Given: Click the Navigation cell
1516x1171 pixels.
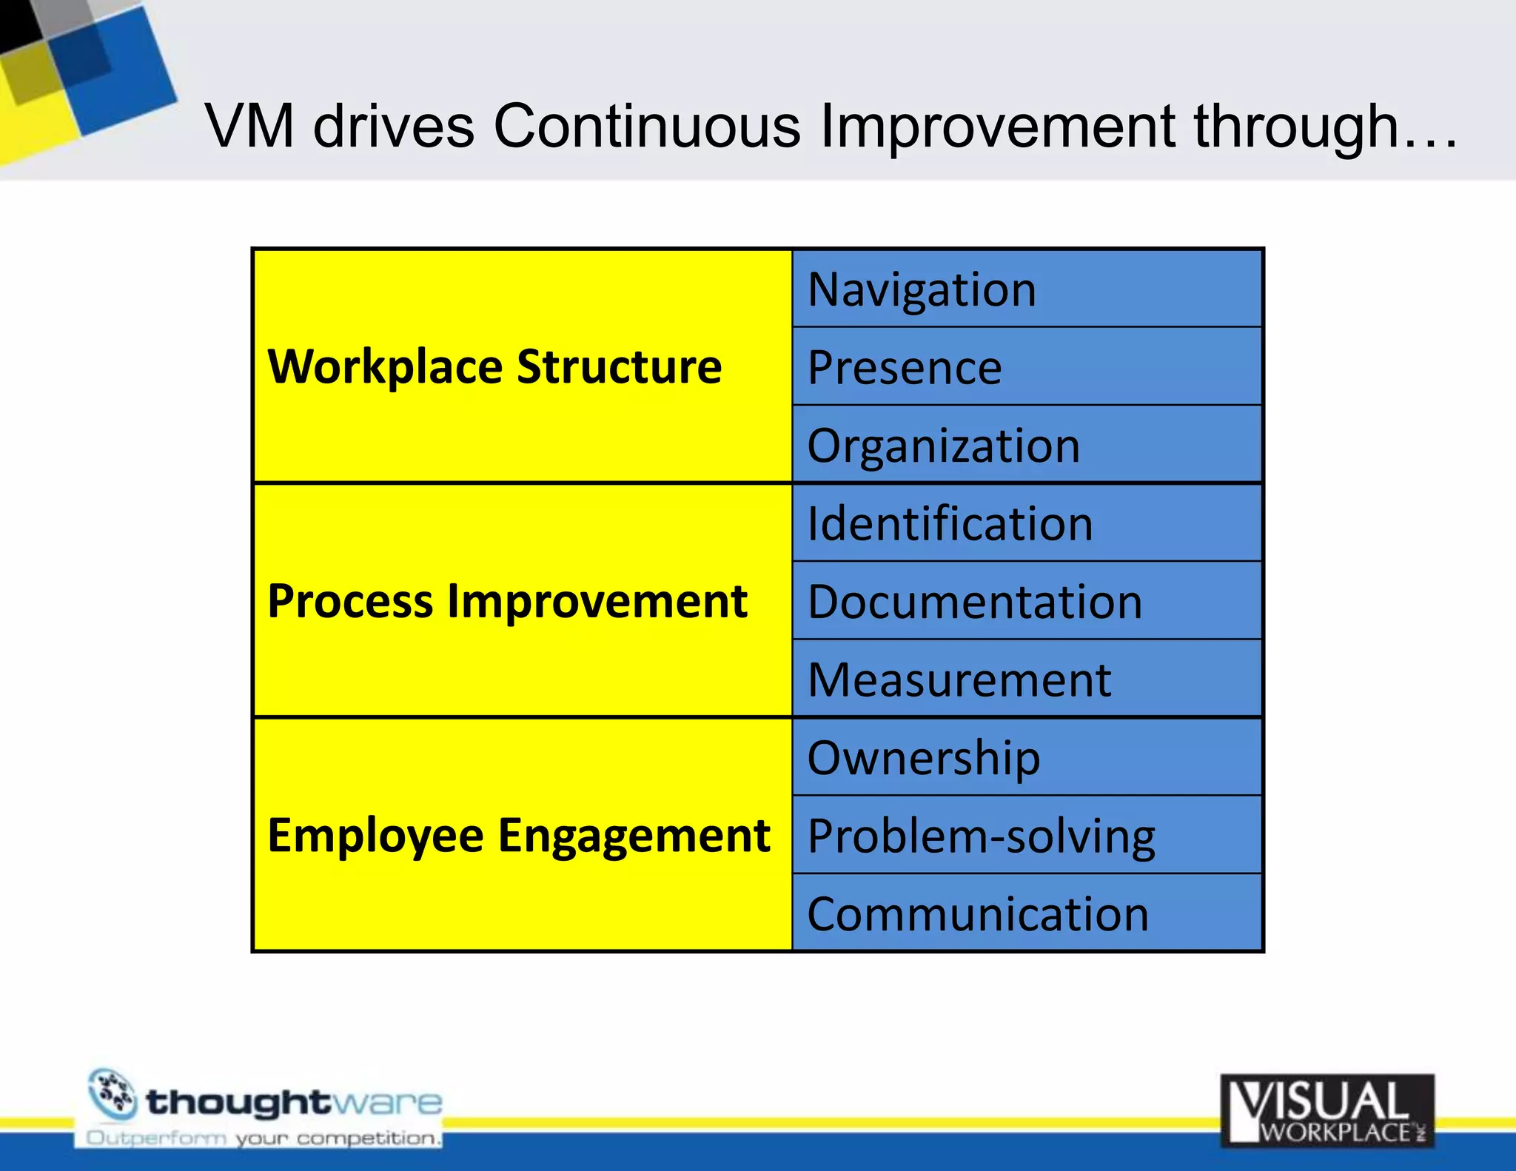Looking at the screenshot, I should tap(1026, 289).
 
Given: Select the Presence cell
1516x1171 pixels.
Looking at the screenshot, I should tap(1026, 367).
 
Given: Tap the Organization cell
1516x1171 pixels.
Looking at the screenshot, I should tap(1026, 445).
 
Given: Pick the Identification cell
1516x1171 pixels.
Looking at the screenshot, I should tap(1026, 523).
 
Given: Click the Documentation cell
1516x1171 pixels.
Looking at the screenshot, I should tap(1026, 601).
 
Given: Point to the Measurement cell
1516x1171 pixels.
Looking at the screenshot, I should tap(1026, 680).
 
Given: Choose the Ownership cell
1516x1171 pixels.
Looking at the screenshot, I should tap(1026, 757).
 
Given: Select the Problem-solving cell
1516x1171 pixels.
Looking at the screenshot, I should tap(1026, 836).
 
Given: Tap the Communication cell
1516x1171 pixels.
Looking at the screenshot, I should tap(1026, 913).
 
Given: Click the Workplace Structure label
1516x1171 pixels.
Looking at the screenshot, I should tap(494, 366).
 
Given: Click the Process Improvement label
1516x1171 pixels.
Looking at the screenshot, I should tap(507, 600).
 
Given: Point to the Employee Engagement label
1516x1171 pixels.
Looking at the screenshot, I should tap(518, 835).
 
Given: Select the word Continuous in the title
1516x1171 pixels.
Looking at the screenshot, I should tap(646, 127).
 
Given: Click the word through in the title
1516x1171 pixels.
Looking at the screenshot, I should tap(1295, 127).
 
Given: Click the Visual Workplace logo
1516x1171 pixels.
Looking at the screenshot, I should tap(1327, 1110).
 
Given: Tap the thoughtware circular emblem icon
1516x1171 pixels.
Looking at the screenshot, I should tap(113, 1095).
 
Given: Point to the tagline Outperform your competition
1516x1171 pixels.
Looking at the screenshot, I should tap(263, 1138).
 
